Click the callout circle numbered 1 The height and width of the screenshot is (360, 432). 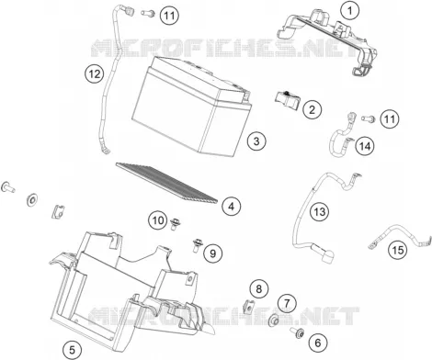tap(349, 11)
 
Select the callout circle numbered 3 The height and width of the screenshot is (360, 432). tap(256, 141)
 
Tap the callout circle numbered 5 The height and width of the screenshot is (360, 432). tap(73, 350)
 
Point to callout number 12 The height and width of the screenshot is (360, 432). tap(95, 74)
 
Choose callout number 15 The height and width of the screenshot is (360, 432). tap(398, 251)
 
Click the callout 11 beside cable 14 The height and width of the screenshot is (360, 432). tap(390, 118)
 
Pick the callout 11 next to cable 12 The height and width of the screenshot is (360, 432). tap(169, 16)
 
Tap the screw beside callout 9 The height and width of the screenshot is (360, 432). tap(196, 245)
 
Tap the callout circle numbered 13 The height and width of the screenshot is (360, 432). tap(319, 211)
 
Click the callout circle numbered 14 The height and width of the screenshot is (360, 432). tap(365, 146)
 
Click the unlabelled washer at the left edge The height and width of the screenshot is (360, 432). tap(32, 200)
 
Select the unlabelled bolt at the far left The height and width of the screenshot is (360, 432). tap(8, 186)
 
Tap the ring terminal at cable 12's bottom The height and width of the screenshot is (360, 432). tap(106, 151)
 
